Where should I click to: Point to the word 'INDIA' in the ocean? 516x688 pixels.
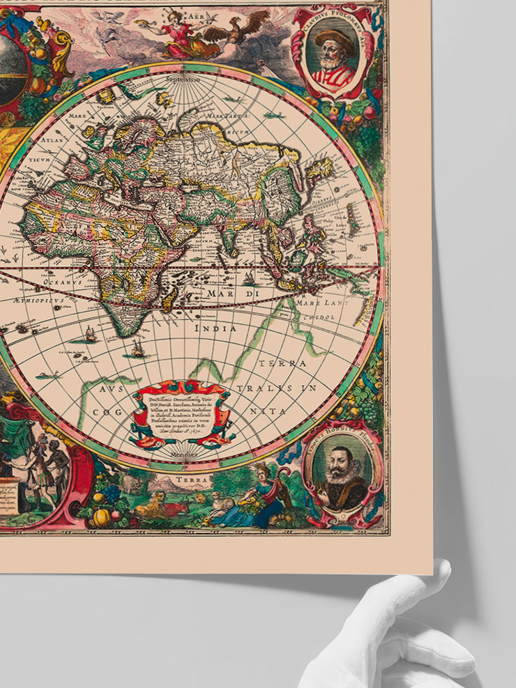click(x=215, y=328)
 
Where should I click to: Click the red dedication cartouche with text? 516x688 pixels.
click(x=180, y=414)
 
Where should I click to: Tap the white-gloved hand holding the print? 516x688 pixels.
click(x=390, y=634)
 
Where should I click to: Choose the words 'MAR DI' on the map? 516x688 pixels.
click(x=222, y=294)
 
